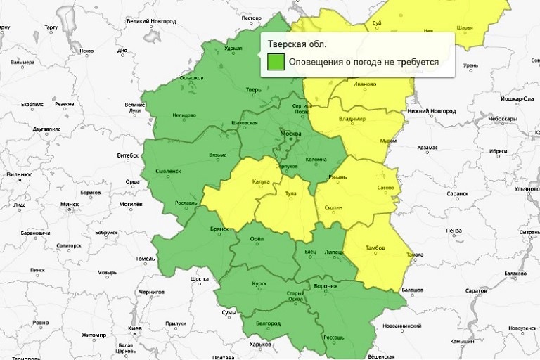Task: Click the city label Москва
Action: [290, 134]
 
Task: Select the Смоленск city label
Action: [167, 171]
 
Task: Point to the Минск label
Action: [70, 204]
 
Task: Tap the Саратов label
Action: [476, 290]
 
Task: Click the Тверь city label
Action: [254, 90]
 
